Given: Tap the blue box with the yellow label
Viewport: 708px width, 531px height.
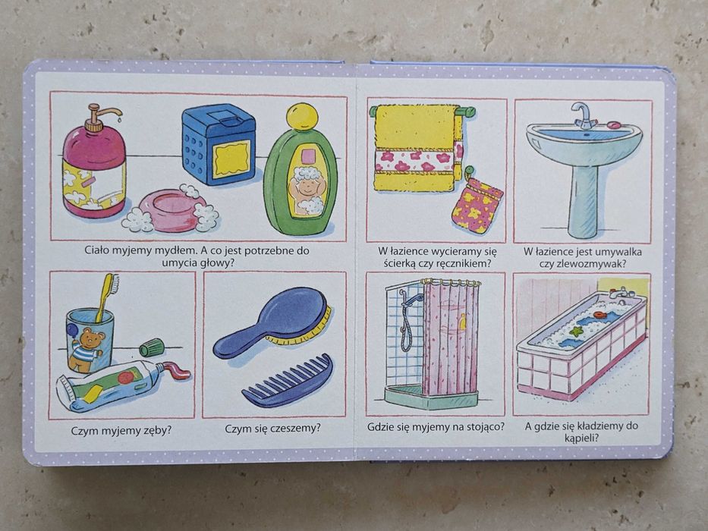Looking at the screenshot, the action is click(219, 144).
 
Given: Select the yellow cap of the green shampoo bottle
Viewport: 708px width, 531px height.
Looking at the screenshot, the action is click(302, 117).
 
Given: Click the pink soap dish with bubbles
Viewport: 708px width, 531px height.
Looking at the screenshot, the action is click(171, 210).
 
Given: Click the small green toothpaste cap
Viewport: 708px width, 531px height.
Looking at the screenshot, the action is click(152, 347).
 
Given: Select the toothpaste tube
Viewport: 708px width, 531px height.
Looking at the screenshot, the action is click(122, 385).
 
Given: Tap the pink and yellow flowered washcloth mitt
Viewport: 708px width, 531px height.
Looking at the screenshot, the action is click(477, 204).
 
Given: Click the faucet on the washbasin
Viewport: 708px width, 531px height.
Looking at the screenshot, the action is click(584, 115).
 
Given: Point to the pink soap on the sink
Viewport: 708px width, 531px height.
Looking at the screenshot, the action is click(615, 124).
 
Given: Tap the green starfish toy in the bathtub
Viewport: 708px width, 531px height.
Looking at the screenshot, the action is click(576, 331).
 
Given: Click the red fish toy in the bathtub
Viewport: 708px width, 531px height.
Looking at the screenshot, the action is click(600, 315).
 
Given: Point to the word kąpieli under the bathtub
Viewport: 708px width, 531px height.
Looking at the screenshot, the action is click(581, 438).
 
